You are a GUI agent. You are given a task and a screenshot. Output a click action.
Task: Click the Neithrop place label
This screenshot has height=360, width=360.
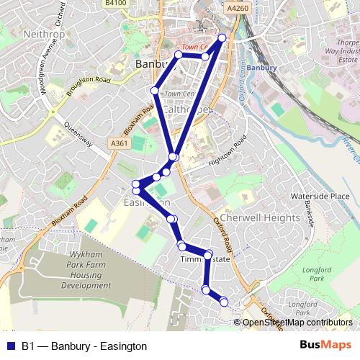point(45,34)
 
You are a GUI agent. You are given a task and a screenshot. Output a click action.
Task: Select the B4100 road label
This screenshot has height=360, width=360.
point(115,4)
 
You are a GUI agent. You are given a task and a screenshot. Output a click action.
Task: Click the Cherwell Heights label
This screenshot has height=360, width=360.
point(260,217)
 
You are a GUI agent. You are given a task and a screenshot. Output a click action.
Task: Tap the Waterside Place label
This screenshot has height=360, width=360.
point(320,196)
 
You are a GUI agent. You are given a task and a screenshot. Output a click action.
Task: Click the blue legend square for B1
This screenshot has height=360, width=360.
point(9,346)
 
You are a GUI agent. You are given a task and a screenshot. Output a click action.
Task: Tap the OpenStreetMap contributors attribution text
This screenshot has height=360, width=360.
point(297,323)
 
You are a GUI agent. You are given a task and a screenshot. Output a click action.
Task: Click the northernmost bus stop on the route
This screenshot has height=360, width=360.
point(222,37)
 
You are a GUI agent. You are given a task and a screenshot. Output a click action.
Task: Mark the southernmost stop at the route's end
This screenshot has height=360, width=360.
point(223,301)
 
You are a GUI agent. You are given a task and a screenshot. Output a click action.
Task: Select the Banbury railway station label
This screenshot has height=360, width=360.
point(256,68)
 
